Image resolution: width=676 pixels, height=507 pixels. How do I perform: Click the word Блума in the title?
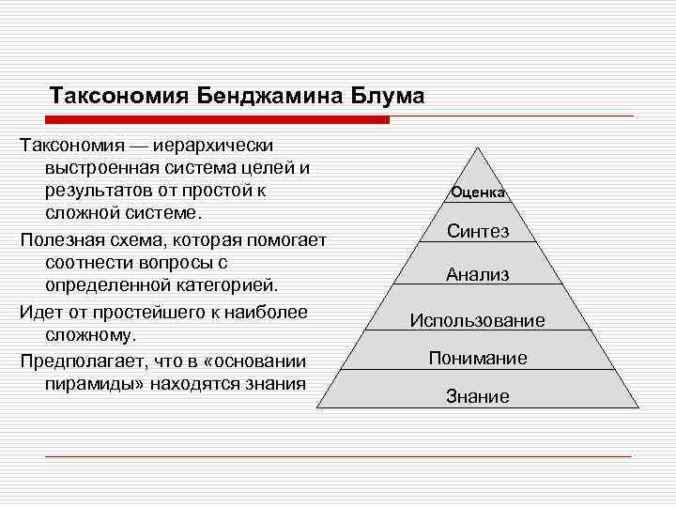387,96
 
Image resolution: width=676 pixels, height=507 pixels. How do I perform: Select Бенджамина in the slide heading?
269,96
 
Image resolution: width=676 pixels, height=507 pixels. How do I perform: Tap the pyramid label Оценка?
478,192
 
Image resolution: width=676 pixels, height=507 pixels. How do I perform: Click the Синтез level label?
478,231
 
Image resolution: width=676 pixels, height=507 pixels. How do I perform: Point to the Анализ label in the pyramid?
478,275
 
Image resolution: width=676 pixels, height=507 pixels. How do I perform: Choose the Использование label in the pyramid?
478,320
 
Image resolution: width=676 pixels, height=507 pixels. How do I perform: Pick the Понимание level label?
478,358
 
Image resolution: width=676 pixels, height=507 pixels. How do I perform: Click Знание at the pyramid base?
478,397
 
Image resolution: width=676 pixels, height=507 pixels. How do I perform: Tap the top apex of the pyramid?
478,147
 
